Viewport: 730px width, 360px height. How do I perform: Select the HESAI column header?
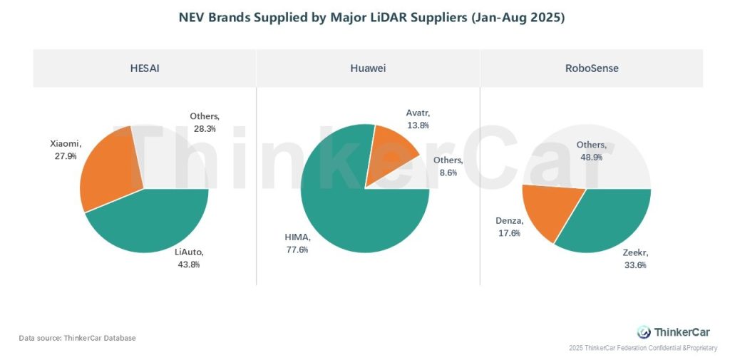pyautogui.click(x=144, y=68)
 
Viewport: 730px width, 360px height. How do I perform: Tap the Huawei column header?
pyautogui.click(x=368, y=68)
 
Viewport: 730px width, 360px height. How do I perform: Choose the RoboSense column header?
pyautogui.click(x=592, y=68)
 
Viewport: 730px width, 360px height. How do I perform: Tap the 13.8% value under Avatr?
pyautogui.click(x=419, y=125)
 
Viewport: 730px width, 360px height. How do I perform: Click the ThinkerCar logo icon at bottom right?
pyautogui.click(x=644, y=331)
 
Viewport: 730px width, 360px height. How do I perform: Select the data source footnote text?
pyautogui.click(x=77, y=338)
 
